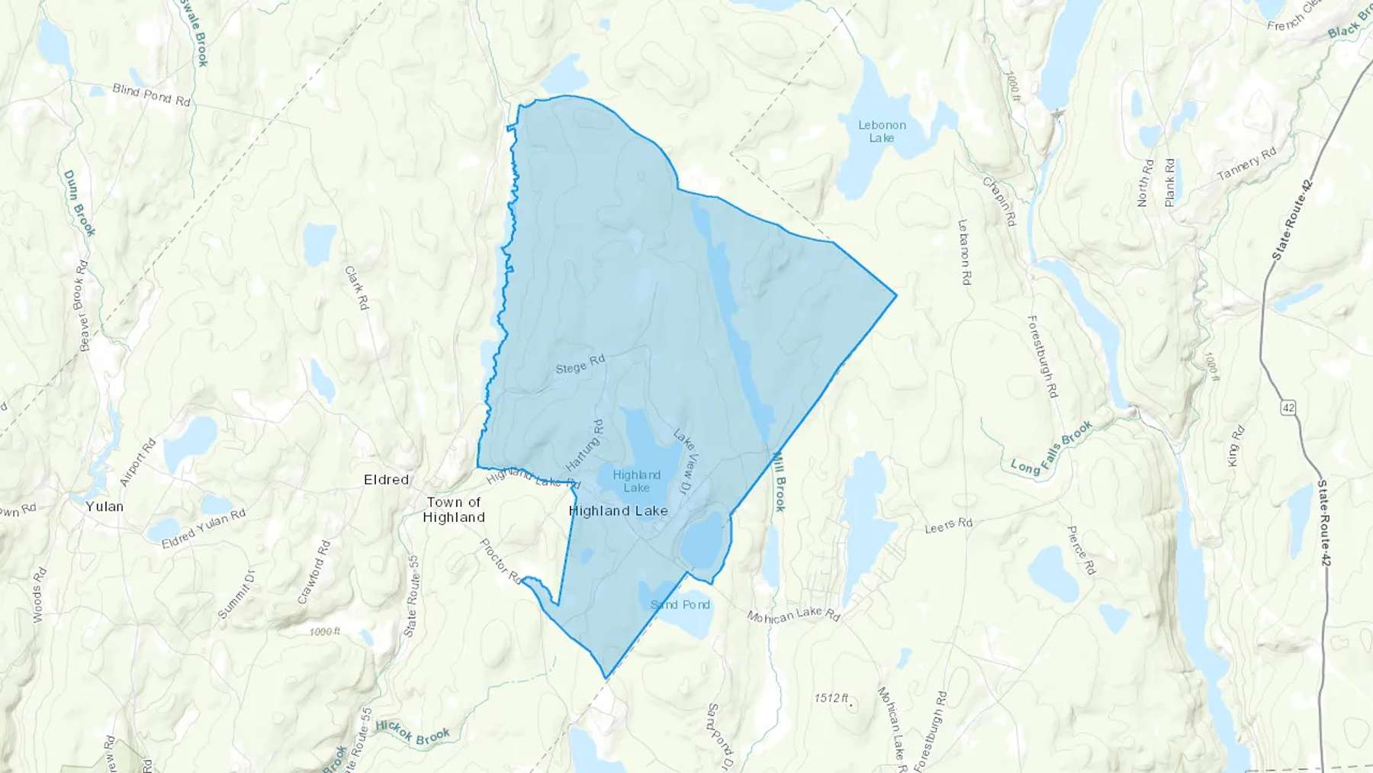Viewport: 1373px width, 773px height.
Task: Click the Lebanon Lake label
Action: (x=882, y=131)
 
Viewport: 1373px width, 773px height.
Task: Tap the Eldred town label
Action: (x=386, y=480)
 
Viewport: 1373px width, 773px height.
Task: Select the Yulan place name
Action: (x=105, y=507)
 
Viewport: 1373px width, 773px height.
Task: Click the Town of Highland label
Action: (x=454, y=510)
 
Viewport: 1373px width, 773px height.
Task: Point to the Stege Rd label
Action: (x=580, y=365)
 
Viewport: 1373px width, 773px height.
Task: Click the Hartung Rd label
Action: (x=585, y=445)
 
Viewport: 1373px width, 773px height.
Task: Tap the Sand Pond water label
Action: (x=680, y=604)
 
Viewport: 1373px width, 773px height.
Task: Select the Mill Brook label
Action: (x=780, y=482)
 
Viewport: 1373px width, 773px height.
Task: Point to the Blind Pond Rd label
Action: (x=151, y=95)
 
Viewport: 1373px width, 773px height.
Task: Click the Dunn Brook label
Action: (x=79, y=203)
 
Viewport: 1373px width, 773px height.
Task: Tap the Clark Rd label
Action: (x=356, y=287)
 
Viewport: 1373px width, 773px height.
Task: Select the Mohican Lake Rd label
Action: (x=793, y=615)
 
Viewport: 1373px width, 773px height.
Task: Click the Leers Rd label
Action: (x=949, y=526)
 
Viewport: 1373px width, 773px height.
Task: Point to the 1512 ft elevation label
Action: (x=831, y=698)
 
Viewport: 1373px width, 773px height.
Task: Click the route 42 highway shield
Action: (x=1288, y=408)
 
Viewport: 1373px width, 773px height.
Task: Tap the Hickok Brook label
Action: (x=413, y=732)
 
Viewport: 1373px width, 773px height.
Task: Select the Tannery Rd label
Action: (x=1246, y=164)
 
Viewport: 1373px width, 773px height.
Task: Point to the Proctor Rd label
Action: (x=500, y=561)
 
